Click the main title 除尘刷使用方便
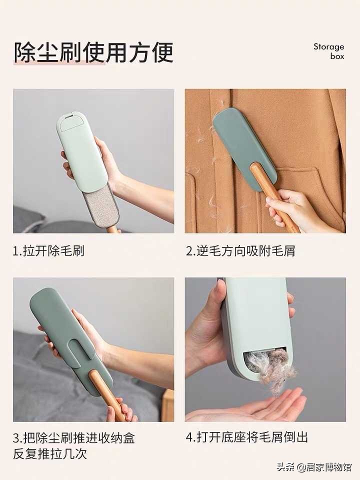click(x=93, y=52)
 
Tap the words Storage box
click(x=329, y=51)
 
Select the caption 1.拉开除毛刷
click(x=48, y=251)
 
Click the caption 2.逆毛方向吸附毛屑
click(x=240, y=251)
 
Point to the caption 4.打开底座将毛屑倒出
click(x=247, y=437)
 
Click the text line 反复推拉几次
click(x=50, y=454)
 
